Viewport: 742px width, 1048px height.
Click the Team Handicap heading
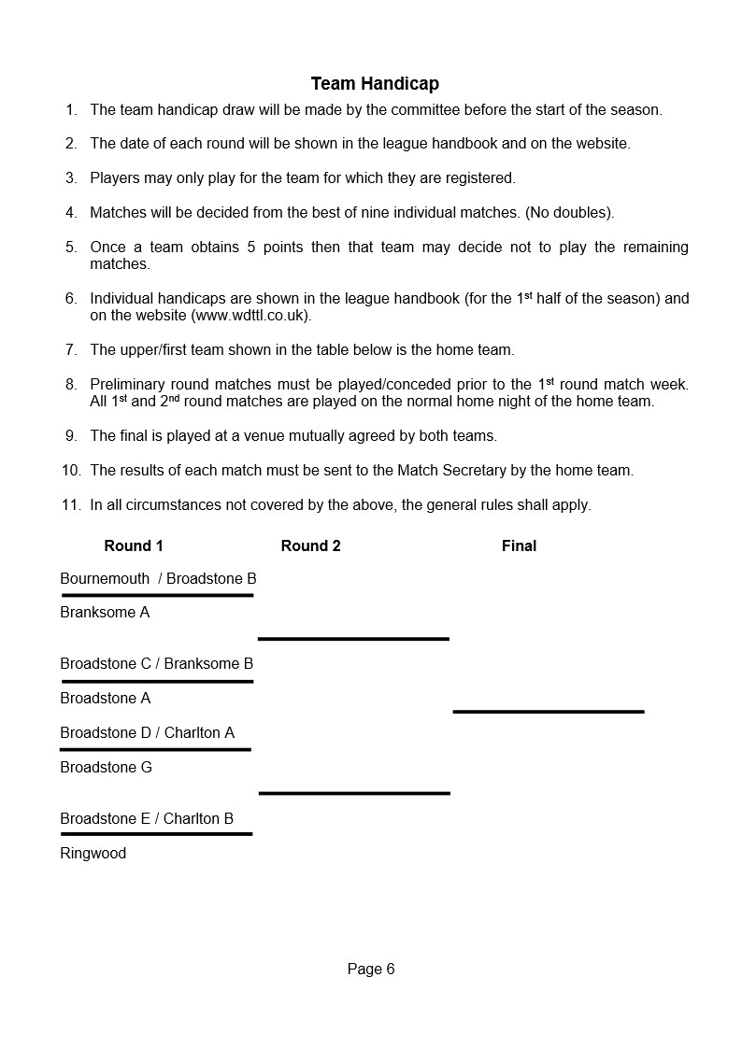point(375,84)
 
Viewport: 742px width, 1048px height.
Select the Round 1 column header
point(134,545)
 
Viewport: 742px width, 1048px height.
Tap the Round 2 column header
point(310,545)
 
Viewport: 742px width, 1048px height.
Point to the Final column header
point(519,545)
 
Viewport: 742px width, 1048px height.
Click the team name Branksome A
point(105,613)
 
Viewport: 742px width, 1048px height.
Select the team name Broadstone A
point(105,698)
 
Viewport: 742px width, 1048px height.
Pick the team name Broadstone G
point(106,767)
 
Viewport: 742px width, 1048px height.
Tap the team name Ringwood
point(93,853)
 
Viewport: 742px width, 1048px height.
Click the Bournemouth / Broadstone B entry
point(158,578)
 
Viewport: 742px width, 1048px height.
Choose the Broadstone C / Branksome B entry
point(157,663)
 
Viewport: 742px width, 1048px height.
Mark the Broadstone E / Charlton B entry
point(147,818)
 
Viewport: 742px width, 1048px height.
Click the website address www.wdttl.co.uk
point(250,316)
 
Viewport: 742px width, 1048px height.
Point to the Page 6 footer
point(371,969)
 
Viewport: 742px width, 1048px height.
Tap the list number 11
point(71,504)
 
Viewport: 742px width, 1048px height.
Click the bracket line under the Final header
point(549,712)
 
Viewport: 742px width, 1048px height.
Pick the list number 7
point(71,350)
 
